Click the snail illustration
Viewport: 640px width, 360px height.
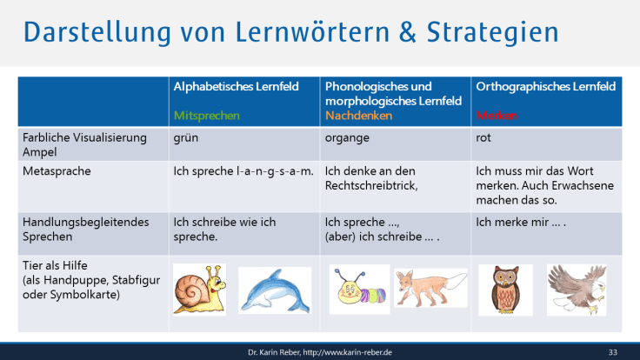pyautogui.click(x=201, y=290)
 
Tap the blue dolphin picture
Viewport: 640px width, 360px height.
pyautogui.click(x=274, y=290)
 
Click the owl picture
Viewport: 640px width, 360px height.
pyautogui.click(x=505, y=289)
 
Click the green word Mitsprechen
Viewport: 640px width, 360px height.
pyautogui.click(x=207, y=115)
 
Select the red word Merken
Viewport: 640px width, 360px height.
pyautogui.click(x=496, y=115)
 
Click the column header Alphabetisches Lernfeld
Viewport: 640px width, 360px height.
pyautogui.click(x=237, y=87)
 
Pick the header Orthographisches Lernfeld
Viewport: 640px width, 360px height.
pyautogui.click(x=545, y=87)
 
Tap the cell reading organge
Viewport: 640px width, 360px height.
pyautogui.click(x=348, y=137)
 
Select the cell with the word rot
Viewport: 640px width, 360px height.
pyautogui.click(x=484, y=137)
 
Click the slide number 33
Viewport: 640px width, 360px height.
pyautogui.click(x=612, y=351)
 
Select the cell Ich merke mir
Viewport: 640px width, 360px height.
pyautogui.click(x=522, y=222)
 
